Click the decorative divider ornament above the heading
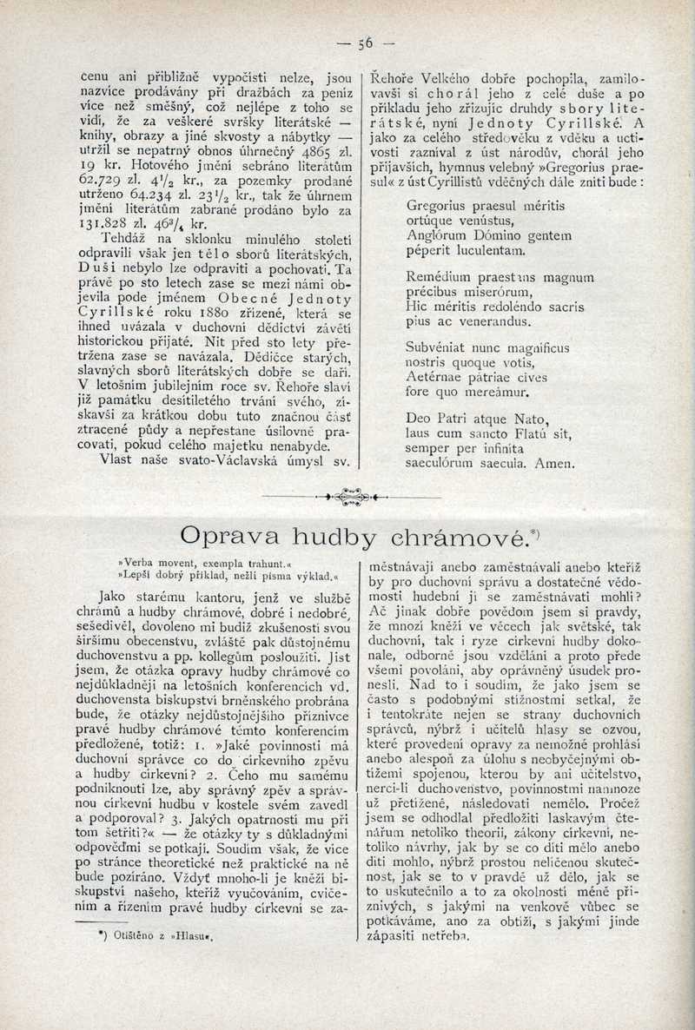pyautogui.click(x=349, y=496)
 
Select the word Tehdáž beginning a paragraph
pyautogui.click(x=125, y=237)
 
